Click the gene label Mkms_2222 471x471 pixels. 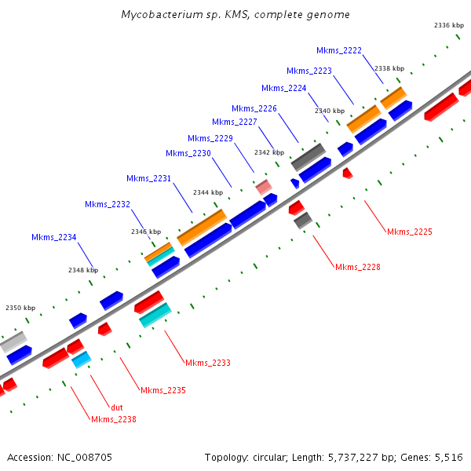pyautogui.click(x=339, y=50)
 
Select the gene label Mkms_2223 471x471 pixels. pyautogui.click(x=309, y=71)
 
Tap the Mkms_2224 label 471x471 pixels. pyautogui.click(x=284, y=88)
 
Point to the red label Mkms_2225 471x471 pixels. pyautogui.click(x=410, y=232)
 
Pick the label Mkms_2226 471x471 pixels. pyautogui.click(x=254, y=108)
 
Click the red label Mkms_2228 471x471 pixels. pyautogui.click(x=358, y=267)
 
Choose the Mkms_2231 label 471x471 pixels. pyautogui.click(x=149, y=178)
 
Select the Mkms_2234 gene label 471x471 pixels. pyautogui.click(x=54, y=237)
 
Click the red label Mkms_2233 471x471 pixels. pyautogui.click(x=208, y=363)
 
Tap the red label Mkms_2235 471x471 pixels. pyautogui.click(x=163, y=390)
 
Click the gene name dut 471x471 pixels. pyautogui.click(x=117, y=407)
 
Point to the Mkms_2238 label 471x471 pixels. pyautogui.click(x=114, y=419)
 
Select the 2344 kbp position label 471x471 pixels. pyautogui.click(x=208, y=192)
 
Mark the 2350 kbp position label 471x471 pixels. pyautogui.click(x=20, y=309)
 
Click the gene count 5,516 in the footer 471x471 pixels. pyautogui.click(x=448, y=457)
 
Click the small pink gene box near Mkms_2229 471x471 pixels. pyautogui.click(x=264, y=187)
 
